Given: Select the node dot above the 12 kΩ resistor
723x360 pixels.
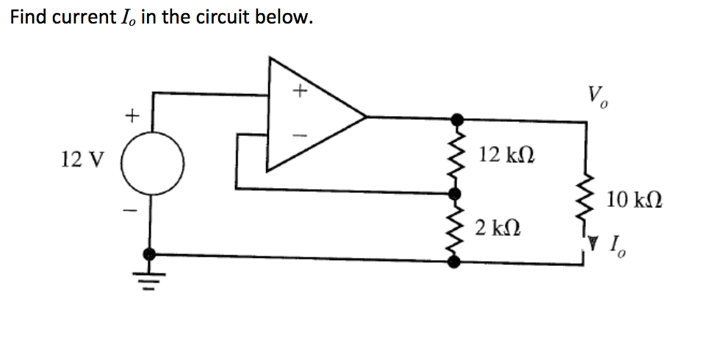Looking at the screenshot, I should (x=456, y=118).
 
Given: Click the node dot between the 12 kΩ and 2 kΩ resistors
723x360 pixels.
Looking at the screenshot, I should (x=456, y=192).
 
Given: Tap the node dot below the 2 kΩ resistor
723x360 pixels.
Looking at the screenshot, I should (x=456, y=258).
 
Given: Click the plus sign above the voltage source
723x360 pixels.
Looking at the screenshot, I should (x=131, y=115).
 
